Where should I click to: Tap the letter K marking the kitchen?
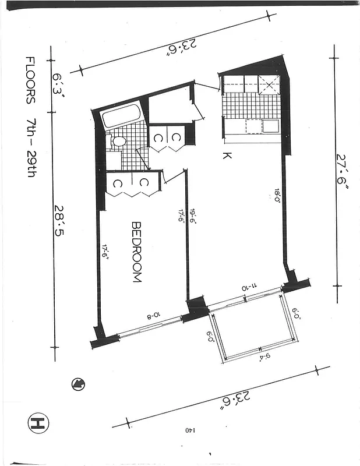pyautogui.click(x=227, y=156)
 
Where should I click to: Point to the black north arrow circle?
pyautogui.click(x=77, y=383)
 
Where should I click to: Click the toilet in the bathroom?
pyautogui.click(x=118, y=140)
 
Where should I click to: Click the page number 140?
pyautogui.click(x=191, y=430)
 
